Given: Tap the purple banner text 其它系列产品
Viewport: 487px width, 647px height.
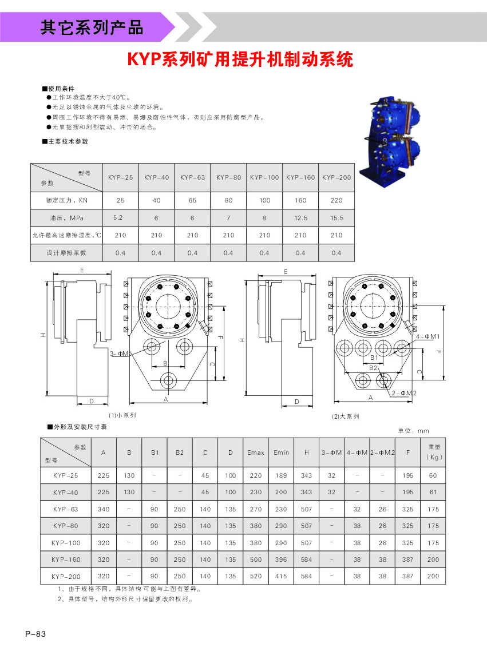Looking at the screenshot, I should [x=92, y=27].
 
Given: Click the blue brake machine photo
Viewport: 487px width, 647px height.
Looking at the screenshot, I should [x=395, y=134].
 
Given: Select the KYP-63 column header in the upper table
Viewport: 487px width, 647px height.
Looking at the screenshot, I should [x=192, y=177].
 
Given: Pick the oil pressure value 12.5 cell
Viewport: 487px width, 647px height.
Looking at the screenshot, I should [x=300, y=218].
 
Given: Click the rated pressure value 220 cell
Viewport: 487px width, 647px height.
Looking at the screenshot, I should [x=336, y=200].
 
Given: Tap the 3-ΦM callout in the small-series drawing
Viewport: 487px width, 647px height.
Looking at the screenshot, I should [x=118, y=354].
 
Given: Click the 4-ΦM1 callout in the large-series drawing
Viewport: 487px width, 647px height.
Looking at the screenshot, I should [x=427, y=336].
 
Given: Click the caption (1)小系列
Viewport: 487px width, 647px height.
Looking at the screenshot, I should [x=122, y=415].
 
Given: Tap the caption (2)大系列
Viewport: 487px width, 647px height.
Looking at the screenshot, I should [x=346, y=416].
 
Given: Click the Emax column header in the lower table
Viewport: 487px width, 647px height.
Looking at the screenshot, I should [x=255, y=452].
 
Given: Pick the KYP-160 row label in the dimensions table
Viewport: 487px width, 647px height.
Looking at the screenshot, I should [x=66, y=559].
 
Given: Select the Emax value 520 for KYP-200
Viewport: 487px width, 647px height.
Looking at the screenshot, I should [x=255, y=576].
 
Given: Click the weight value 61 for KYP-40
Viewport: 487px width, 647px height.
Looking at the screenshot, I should [x=433, y=492].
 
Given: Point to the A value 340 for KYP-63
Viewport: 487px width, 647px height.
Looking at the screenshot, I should [x=104, y=509].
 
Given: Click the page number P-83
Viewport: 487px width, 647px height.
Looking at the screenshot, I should [x=35, y=634].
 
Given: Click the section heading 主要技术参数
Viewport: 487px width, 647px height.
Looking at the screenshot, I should [x=65, y=141].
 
